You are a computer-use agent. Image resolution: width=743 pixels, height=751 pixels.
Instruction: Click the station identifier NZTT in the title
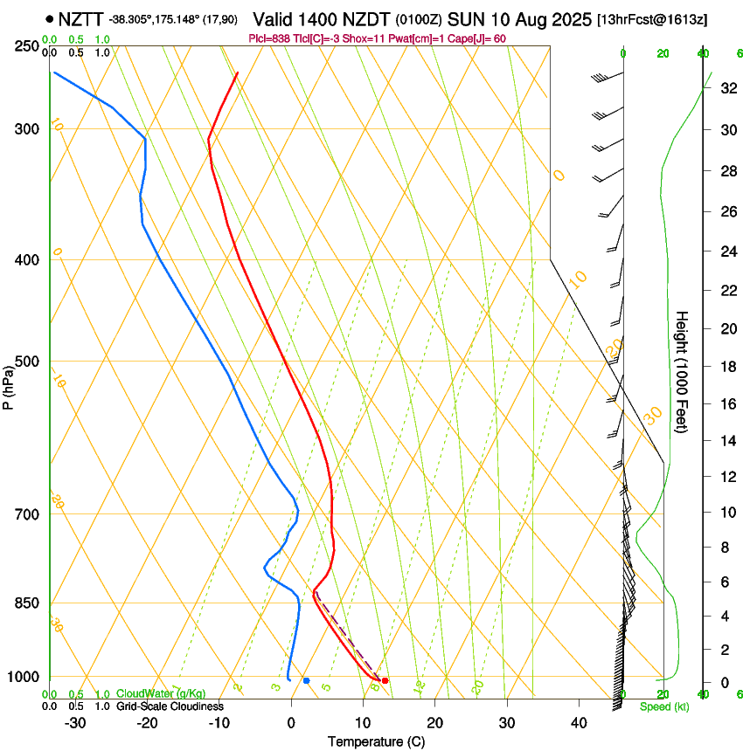81,18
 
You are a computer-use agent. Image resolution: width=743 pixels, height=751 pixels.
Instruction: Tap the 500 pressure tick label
27,362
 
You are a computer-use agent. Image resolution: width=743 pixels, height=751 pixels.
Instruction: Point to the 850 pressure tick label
27,603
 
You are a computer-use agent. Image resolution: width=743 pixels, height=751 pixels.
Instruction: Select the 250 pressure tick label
27,45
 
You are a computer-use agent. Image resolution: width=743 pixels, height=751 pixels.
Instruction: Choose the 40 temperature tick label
578,723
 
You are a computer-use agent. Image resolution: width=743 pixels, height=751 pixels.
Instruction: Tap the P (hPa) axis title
9,384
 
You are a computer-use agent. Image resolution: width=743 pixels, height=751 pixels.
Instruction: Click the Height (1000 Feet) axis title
682,370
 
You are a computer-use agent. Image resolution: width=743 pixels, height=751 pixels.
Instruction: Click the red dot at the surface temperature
385,680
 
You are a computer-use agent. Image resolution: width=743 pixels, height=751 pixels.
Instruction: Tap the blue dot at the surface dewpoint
306,680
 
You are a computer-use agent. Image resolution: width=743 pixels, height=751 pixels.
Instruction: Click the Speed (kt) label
663,706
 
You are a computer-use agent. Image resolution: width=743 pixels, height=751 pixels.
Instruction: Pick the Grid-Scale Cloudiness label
170,706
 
